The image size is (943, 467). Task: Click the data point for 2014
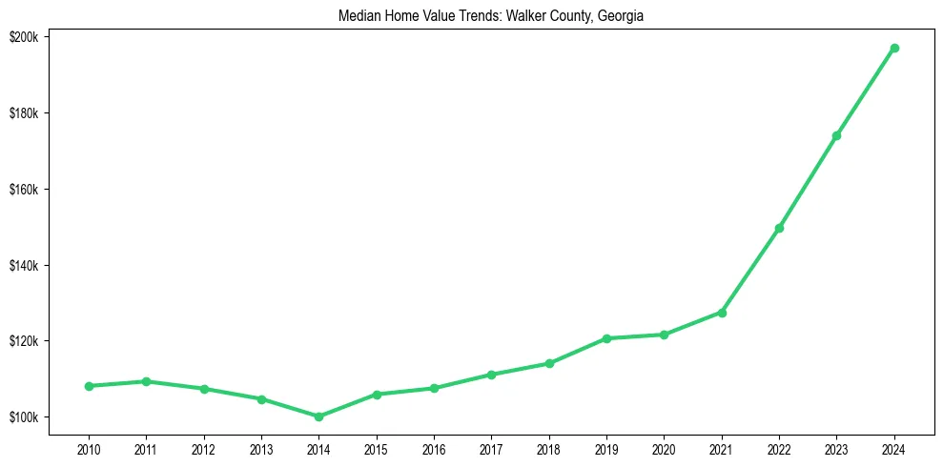[318, 416]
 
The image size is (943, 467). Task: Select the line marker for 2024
[894, 48]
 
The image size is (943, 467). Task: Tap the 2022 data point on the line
[779, 228]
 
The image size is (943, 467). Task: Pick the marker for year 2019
[606, 338]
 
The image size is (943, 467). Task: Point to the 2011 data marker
[146, 381]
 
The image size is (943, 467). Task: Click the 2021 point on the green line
[722, 313]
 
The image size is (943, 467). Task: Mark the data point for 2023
[836, 135]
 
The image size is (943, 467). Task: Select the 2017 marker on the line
[491, 375]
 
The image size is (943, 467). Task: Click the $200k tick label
[23, 36]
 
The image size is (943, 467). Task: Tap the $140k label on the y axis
[23, 265]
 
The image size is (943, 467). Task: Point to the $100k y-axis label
[23, 417]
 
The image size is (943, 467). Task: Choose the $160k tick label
[23, 189]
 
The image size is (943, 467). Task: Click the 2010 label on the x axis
[89, 447]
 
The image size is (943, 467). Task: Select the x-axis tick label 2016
[434, 447]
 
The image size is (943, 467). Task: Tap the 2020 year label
[664, 447]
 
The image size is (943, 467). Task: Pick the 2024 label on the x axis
[894, 447]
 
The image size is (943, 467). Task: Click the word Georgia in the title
[623, 16]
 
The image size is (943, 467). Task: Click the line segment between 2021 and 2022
[750, 270]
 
